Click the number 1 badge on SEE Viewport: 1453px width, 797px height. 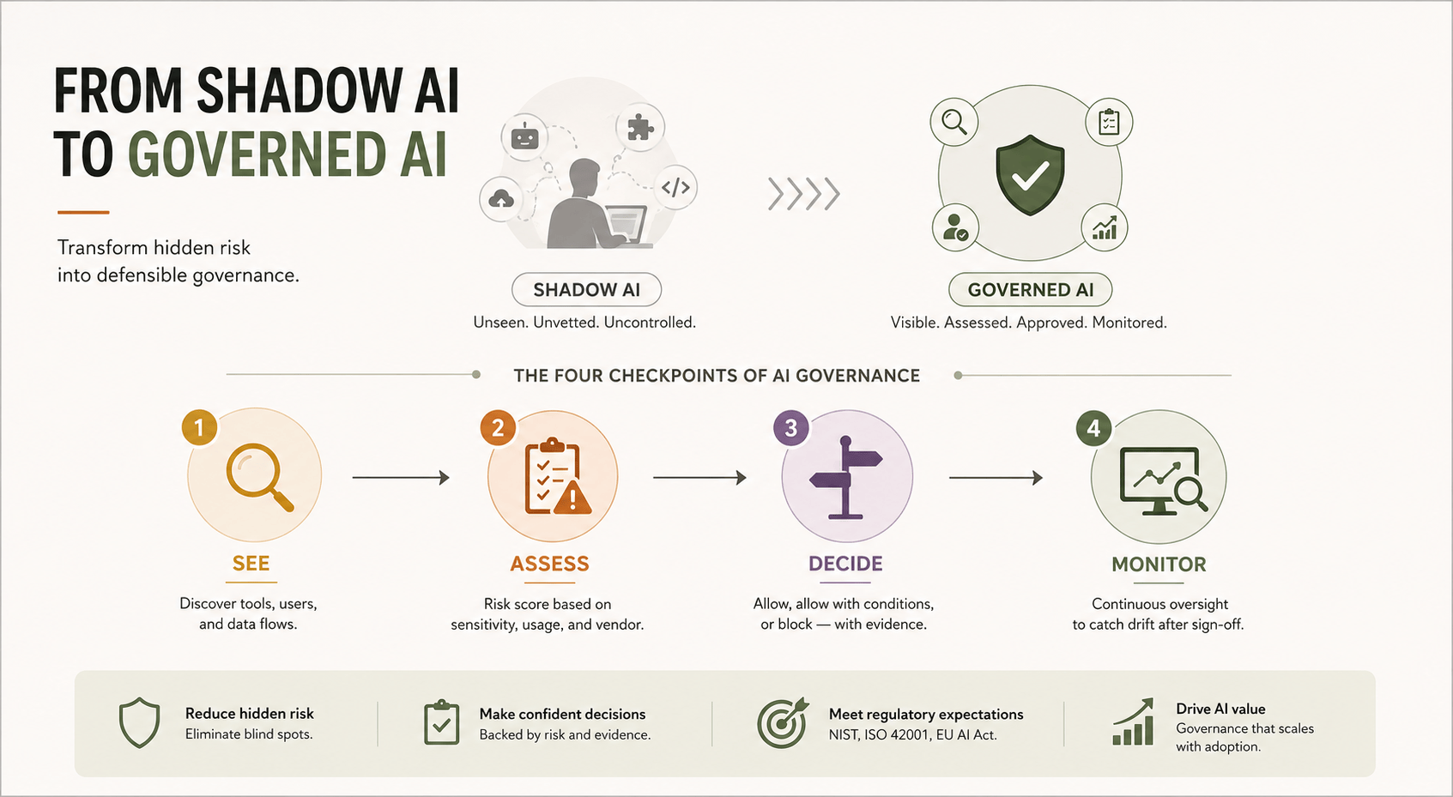pyautogui.click(x=200, y=427)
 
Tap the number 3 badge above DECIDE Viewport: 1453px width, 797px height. pyautogui.click(x=791, y=428)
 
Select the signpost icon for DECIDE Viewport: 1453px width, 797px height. pyautogui.click(x=846, y=478)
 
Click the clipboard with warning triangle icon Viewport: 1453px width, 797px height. pyautogui.click(x=557, y=477)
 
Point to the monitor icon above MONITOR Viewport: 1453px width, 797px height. pyautogui.click(x=1163, y=481)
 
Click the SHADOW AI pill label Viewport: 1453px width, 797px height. pyautogui.click(x=586, y=289)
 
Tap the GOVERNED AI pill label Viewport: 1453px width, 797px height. pyautogui.click(x=1030, y=289)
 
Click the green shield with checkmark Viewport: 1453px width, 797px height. pyautogui.click(x=1030, y=174)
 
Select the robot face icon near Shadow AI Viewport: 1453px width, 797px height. pyautogui.click(x=524, y=136)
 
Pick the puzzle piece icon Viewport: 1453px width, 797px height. pyautogui.click(x=640, y=127)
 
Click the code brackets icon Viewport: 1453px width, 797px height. pyautogui.click(x=675, y=187)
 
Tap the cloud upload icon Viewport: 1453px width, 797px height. pyautogui.click(x=501, y=199)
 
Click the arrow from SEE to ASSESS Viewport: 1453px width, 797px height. pyautogui.click(x=401, y=478)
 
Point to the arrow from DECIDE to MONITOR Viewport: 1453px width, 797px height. pyautogui.click(x=996, y=478)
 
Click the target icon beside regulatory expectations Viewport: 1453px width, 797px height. pyautogui.click(x=783, y=722)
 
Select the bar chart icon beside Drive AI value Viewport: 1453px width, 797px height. pyautogui.click(x=1133, y=722)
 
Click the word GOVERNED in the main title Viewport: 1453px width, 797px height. pyautogui.click(x=257, y=154)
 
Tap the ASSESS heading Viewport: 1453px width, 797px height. pyautogui.click(x=549, y=564)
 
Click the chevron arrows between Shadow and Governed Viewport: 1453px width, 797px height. pyautogui.click(x=803, y=194)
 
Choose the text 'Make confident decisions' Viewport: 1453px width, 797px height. pyautogui.click(x=562, y=714)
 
